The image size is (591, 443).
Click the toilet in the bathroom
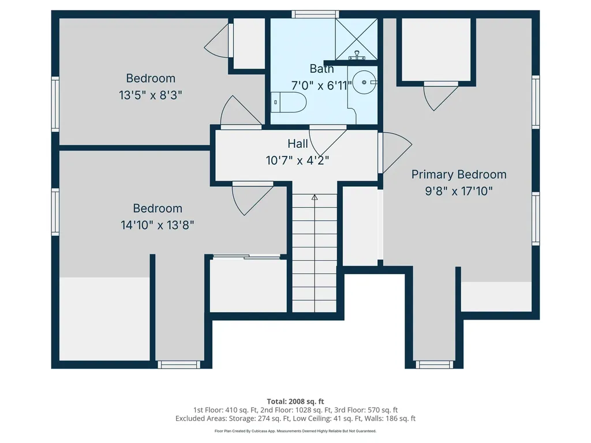click(x=289, y=102)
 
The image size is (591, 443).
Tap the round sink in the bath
click(x=364, y=82)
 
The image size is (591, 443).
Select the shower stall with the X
click(x=356, y=39)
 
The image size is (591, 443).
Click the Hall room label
click(x=298, y=144)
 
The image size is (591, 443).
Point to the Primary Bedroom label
click(x=459, y=174)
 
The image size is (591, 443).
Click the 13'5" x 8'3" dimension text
click(x=151, y=95)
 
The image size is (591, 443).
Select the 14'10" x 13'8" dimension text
click(x=157, y=226)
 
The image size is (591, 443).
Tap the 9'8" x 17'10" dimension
click(x=459, y=191)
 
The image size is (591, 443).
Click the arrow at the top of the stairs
click(x=315, y=197)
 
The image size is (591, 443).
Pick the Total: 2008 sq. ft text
click(x=295, y=401)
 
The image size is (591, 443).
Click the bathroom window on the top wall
click(x=315, y=14)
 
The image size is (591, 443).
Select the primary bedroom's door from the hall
click(x=395, y=152)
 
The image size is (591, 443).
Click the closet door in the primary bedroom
click(x=440, y=96)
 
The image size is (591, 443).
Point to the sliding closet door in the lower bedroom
click(x=246, y=257)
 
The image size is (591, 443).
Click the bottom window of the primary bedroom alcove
click(x=434, y=365)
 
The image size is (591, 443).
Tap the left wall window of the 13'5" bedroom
click(x=55, y=104)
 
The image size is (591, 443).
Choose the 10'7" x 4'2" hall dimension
click(x=297, y=160)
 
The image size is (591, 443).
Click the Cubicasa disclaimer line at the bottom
click(x=295, y=431)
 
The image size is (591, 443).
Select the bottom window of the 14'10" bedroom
click(x=179, y=365)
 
